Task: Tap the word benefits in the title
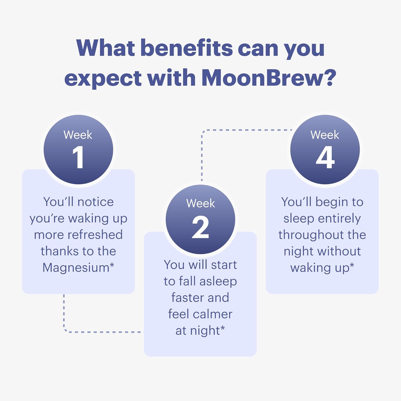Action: pyautogui.click(x=187, y=48)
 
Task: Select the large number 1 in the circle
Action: pyautogui.click(x=78, y=157)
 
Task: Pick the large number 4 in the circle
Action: pyautogui.click(x=325, y=157)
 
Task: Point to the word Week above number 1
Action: pyautogui.click(x=78, y=135)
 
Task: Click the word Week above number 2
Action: pyautogui.click(x=200, y=203)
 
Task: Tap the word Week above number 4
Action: pyautogui.click(x=325, y=135)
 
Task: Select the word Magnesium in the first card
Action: pyautogui.click(x=76, y=268)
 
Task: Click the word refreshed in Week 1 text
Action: pyautogui.click(x=95, y=235)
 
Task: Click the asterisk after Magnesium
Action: pyautogui.click(x=112, y=265)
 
